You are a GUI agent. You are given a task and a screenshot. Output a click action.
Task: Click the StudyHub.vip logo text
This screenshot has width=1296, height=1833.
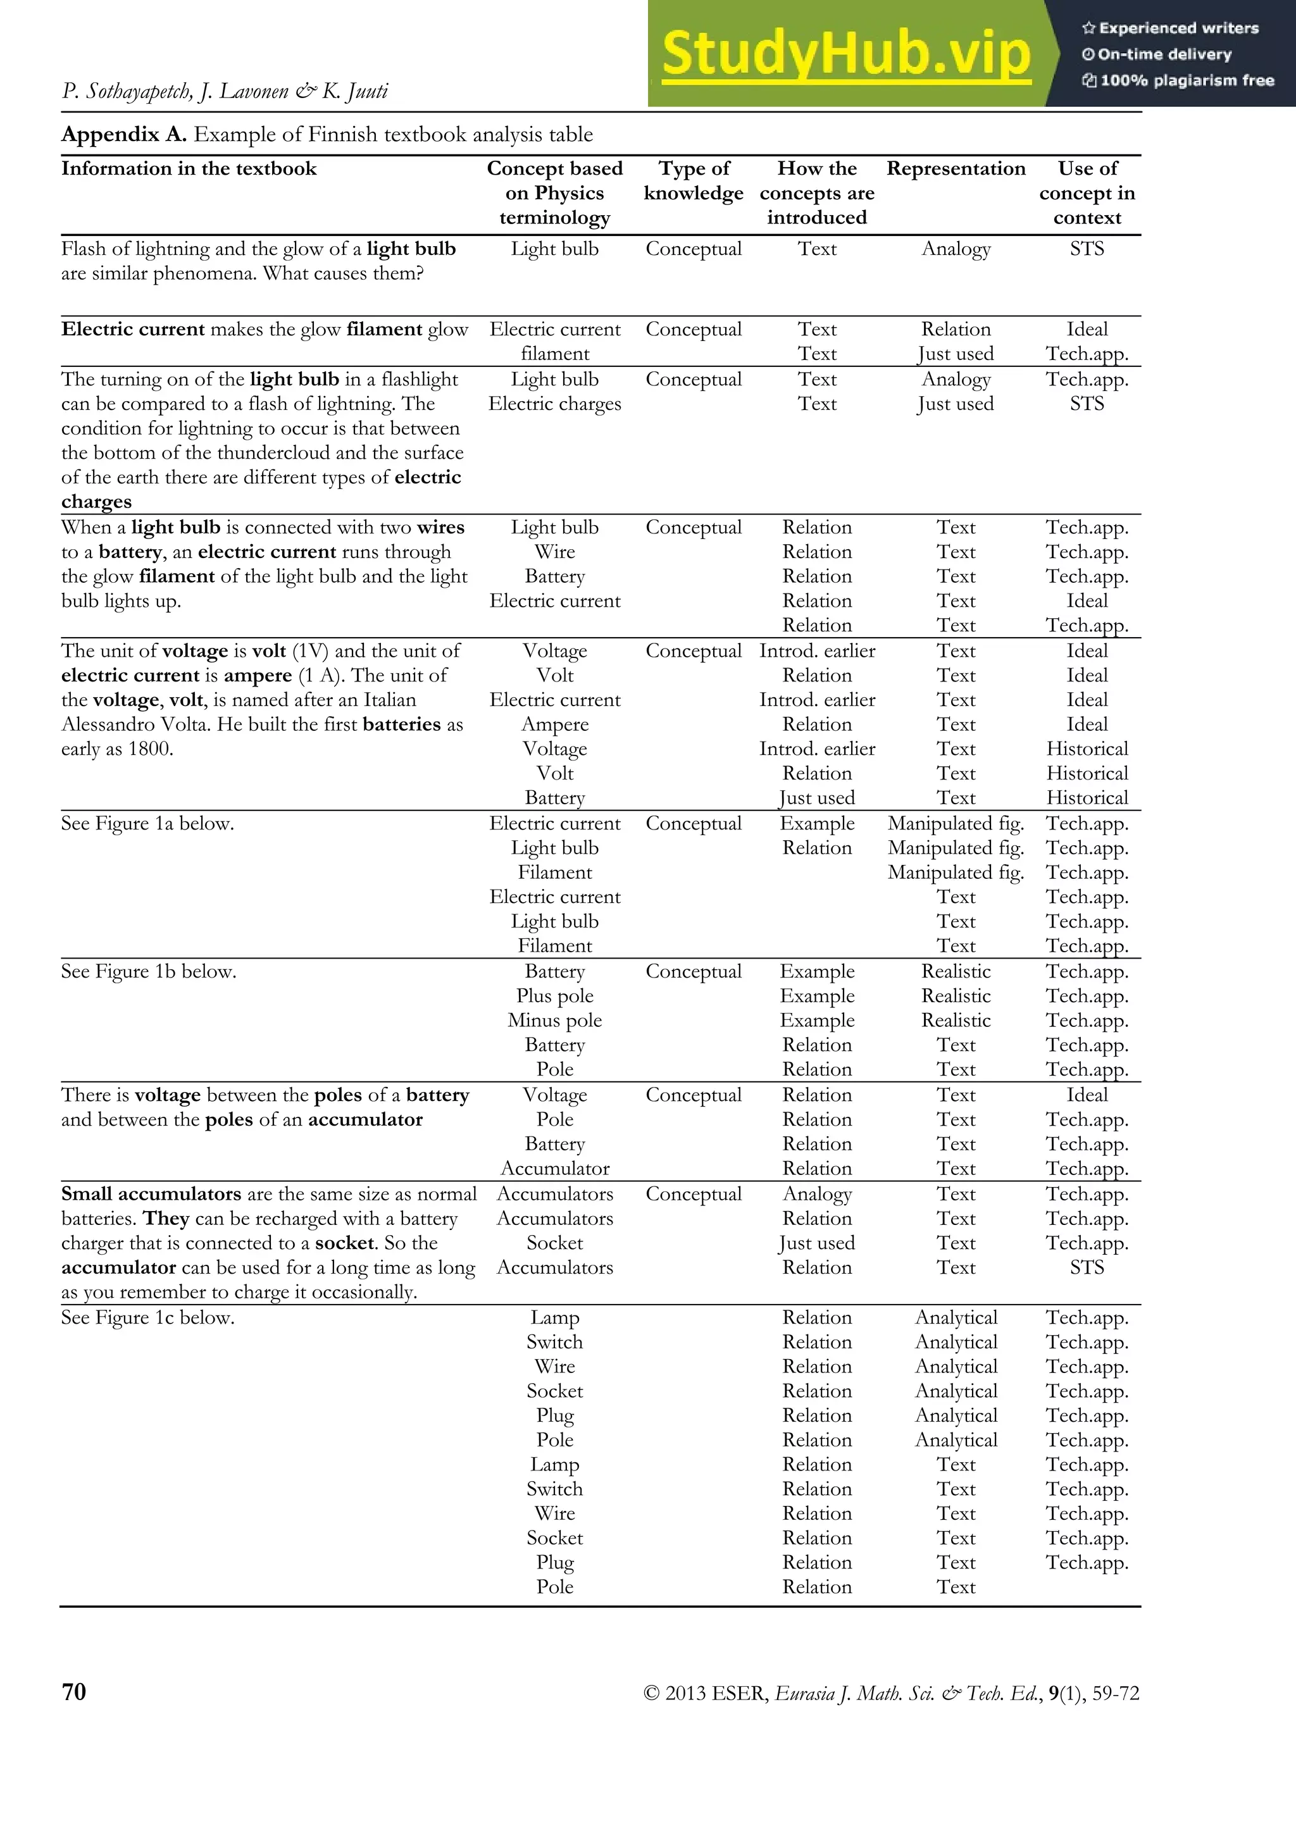pyautogui.click(x=845, y=54)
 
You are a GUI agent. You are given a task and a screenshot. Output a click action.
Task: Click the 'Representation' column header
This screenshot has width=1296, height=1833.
pyautogui.click(x=956, y=168)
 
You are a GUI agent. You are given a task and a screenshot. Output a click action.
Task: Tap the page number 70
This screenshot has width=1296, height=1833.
pyautogui.click(x=73, y=1692)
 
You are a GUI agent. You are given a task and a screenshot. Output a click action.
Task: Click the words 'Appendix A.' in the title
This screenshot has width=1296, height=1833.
pyautogui.click(x=124, y=134)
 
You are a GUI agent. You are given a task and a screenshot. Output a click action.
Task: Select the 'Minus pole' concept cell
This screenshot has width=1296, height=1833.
pyautogui.click(x=554, y=1021)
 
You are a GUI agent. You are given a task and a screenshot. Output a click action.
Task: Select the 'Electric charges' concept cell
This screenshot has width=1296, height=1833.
pyautogui.click(x=554, y=404)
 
